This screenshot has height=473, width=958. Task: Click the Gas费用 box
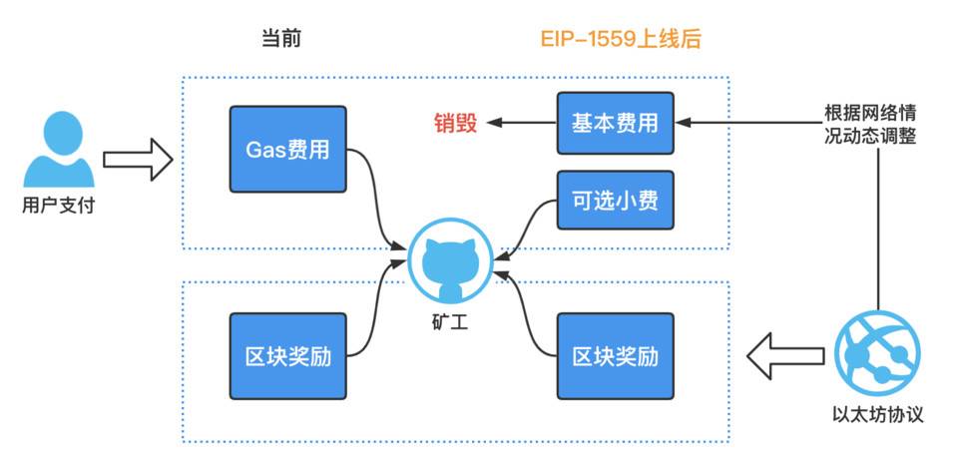(x=287, y=151)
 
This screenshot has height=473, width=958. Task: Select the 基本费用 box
(x=615, y=123)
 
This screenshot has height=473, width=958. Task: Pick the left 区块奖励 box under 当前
(x=287, y=355)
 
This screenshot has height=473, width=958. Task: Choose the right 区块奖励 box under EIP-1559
(x=615, y=355)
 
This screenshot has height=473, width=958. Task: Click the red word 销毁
(x=455, y=123)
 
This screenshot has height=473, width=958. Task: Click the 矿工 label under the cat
(x=452, y=321)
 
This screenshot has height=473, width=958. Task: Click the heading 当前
(x=280, y=39)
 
